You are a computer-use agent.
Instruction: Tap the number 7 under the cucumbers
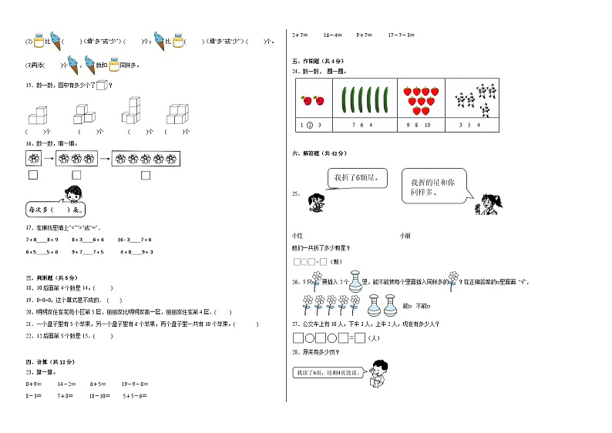click(353, 125)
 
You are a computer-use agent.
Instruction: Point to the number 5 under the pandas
click(469, 125)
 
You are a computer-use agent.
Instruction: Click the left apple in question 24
click(306, 100)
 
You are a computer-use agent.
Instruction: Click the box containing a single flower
click(33, 158)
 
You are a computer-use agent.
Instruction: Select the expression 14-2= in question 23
click(66, 383)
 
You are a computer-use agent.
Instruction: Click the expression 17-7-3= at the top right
click(401, 35)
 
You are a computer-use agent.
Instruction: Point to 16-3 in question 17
click(123, 240)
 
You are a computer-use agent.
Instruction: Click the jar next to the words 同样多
click(114, 65)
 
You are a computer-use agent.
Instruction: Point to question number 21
click(29, 324)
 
